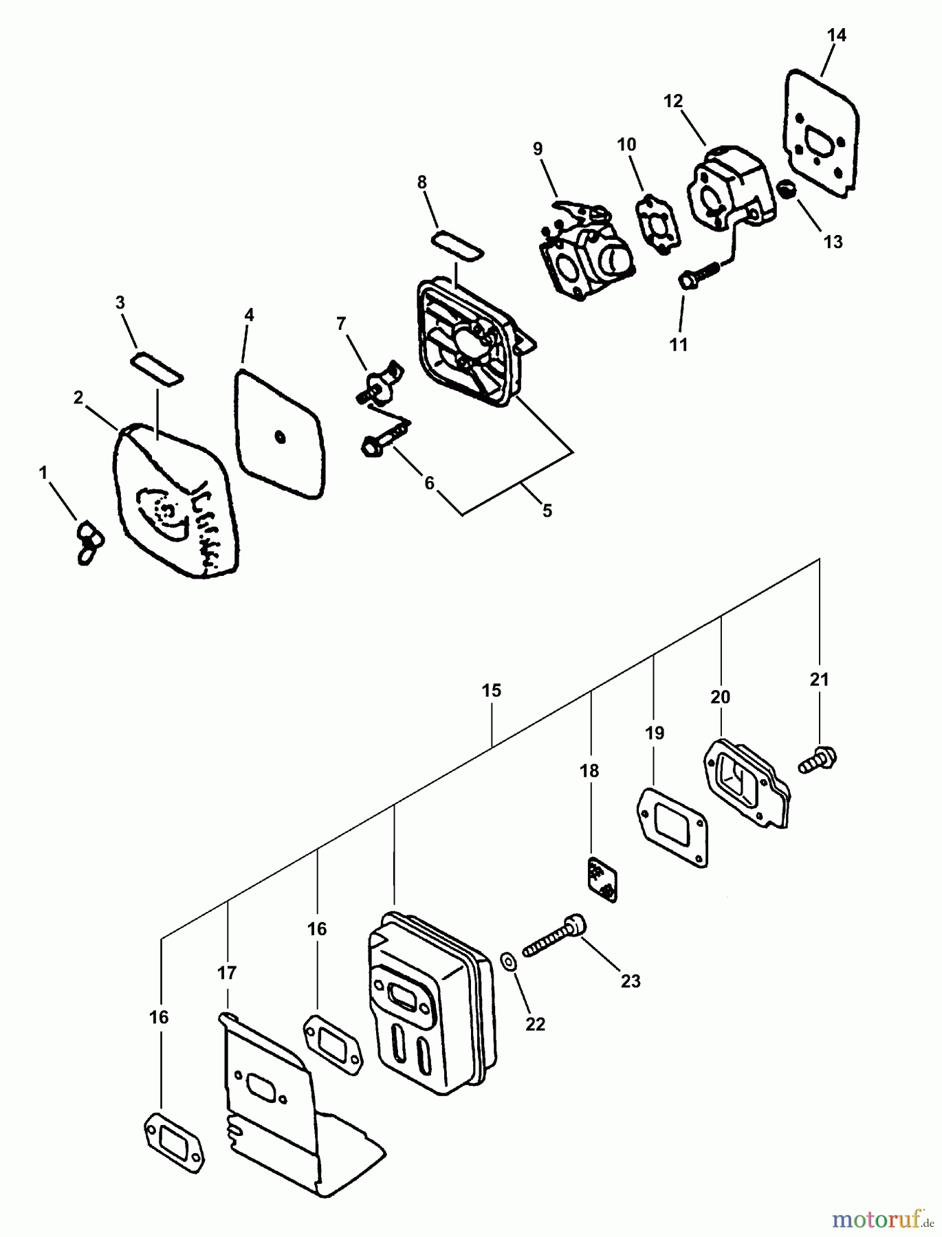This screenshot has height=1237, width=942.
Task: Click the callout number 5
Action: click(547, 511)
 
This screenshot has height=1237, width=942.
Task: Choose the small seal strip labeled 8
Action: click(457, 245)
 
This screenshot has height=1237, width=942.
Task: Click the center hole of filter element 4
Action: click(279, 436)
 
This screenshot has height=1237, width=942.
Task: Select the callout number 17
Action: click(227, 973)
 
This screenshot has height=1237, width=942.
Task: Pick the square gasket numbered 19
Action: click(673, 827)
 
